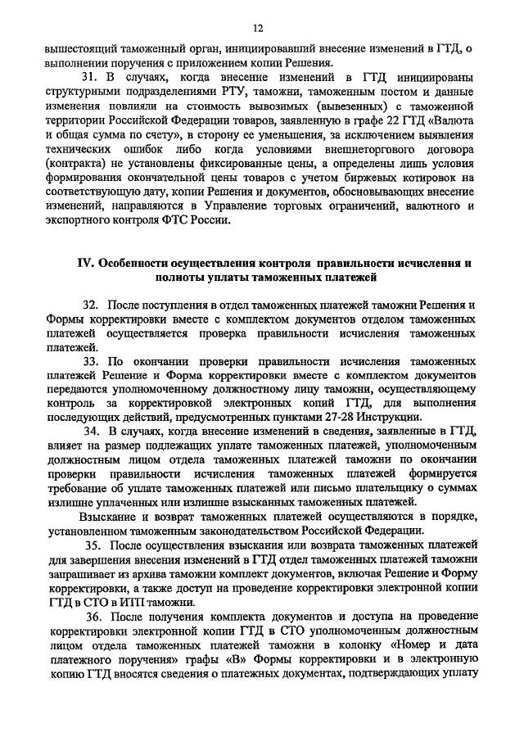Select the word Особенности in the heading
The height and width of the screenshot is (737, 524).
(133, 265)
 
